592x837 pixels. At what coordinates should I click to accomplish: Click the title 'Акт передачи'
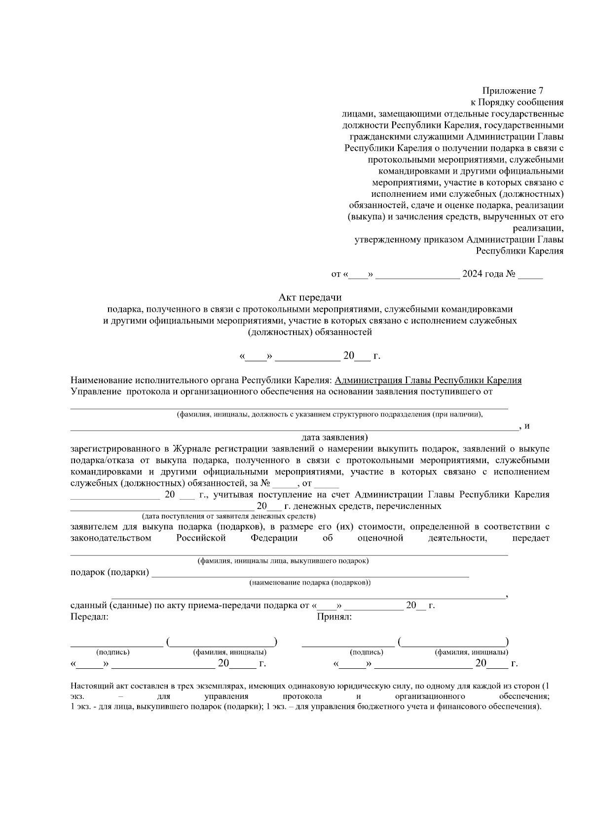[310, 297]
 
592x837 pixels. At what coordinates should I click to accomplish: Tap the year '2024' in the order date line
[472, 274]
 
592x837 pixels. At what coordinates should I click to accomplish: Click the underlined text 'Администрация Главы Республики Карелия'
[428, 380]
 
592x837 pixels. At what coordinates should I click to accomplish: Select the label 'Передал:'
[89, 617]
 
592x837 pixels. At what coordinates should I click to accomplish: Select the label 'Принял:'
[334, 617]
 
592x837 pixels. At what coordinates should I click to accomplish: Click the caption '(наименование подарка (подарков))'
[310, 582]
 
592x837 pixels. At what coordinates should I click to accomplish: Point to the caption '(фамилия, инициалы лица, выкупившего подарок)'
[283, 561]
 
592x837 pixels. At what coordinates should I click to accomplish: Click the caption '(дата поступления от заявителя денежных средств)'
[228, 516]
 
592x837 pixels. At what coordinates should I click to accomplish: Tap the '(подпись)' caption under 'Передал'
[112, 652]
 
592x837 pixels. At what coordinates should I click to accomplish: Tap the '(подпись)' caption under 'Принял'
[366, 652]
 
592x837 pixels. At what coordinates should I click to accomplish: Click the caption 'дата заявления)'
[334, 437]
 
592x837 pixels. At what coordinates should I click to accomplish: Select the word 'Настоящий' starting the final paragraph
[89, 686]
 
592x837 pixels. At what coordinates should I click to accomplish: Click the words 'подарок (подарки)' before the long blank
[110, 572]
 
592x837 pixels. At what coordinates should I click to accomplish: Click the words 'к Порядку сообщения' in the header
[517, 102]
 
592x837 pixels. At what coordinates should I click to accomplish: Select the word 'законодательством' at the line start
[111, 538]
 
